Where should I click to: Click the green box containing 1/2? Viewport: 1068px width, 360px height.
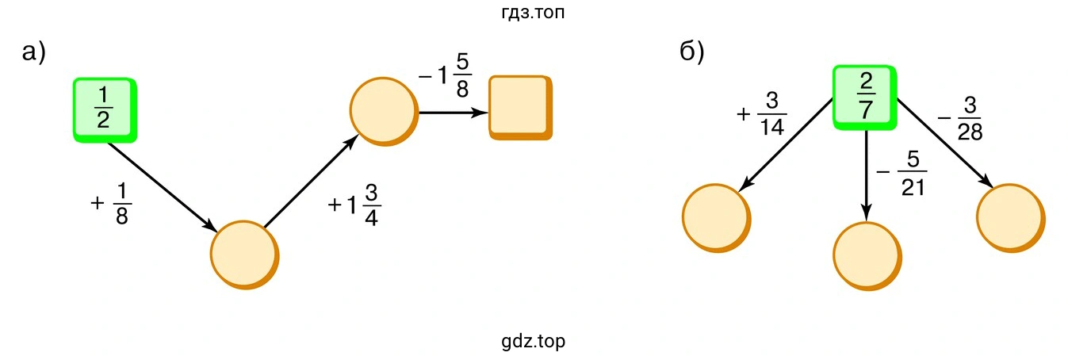coord(105,110)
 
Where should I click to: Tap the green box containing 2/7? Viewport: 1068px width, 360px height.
coord(865,98)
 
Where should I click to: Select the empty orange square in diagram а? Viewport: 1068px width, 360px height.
coord(521,108)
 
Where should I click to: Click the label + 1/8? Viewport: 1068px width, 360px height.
coord(112,204)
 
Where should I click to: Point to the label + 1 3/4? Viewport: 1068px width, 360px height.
coord(354,205)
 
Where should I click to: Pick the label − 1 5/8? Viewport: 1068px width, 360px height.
coord(445,75)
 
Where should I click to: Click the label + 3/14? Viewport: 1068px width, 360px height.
coord(761,114)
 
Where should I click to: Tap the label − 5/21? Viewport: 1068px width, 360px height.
coord(901,174)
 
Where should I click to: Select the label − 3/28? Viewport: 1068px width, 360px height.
coord(960,118)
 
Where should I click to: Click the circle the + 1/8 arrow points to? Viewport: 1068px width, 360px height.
coord(244,255)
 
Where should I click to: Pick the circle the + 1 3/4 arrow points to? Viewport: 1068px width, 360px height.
coord(385,111)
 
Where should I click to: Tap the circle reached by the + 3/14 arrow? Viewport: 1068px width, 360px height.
coord(717,218)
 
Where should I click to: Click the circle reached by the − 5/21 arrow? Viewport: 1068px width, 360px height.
coord(867,256)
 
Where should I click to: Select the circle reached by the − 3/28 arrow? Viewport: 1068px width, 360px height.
coord(1011,218)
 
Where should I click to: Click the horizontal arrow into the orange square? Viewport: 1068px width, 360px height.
coord(454,113)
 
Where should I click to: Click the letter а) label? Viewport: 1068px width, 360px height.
coord(34,52)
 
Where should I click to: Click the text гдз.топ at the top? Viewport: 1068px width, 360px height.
coord(533,12)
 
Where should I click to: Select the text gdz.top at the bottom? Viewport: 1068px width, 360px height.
coord(533,342)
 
